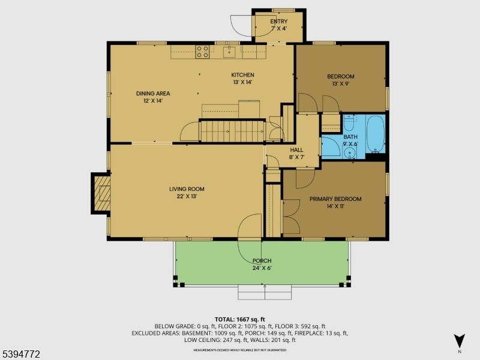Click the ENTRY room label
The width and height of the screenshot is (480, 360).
(x=278, y=22)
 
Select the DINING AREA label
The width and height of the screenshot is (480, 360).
(x=153, y=93)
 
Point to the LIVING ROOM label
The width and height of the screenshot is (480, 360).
(x=187, y=189)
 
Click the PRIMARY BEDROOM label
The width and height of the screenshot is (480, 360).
(x=335, y=199)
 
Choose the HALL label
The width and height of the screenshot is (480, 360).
(x=297, y=150)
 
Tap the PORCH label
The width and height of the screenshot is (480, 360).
(x=262, y=261)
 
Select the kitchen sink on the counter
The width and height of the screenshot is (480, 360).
(x=229, y=52)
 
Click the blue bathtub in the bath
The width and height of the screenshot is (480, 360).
(x=375, y=133)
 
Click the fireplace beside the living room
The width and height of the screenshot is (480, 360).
(x=101, y=193)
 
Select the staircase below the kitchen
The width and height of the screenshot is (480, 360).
(x=232, y=131)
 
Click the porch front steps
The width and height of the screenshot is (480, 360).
(x=265, y=293)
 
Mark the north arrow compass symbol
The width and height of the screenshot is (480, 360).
(x=460, y=341)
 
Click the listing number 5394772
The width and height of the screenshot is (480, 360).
(x=21, y=355)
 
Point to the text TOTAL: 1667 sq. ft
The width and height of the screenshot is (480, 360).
(x=240, y=319)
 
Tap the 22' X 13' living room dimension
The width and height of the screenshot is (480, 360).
(x=187, y=196)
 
